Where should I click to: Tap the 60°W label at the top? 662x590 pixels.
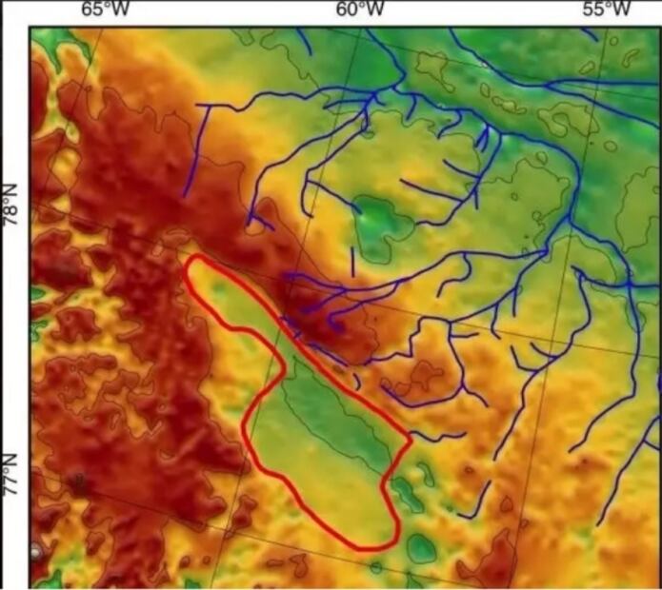[x=361, y=10]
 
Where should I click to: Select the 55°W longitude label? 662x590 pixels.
[x=607, y=10]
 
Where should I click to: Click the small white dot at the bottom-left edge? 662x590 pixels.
[x=36, y=551]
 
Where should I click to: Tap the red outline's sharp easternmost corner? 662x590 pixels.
[x=410, y=441]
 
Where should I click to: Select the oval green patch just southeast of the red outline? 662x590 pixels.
[x=420, y=547]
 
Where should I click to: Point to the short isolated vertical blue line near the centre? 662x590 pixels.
[x=352, y=260]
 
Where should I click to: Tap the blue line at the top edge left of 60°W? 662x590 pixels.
[x=304, y=39]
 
